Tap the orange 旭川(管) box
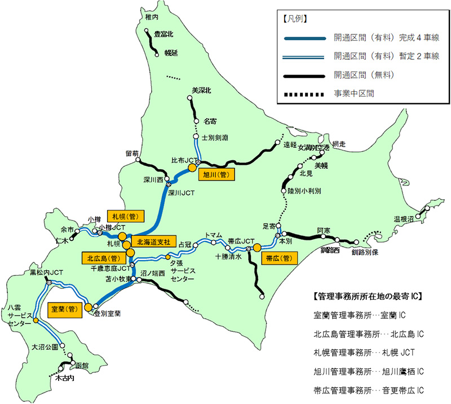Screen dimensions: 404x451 [215, 175]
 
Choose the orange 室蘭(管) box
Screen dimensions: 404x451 [64, 309]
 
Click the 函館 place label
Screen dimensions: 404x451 [82, 365]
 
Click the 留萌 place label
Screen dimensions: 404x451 [132, 153]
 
